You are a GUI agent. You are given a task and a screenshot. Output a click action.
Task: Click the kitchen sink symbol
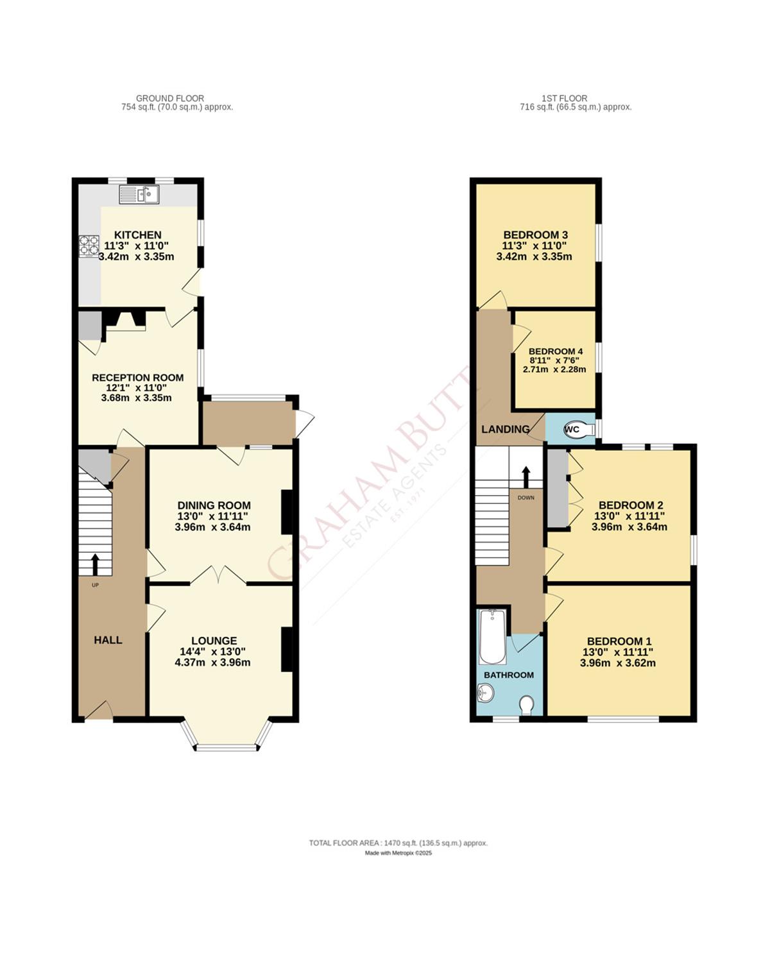pos(139,194)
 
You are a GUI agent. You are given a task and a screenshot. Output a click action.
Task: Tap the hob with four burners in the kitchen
pos(89,246)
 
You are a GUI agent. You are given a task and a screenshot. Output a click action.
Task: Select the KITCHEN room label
pos(137,235)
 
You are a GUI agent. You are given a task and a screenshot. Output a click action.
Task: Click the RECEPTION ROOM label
pos(137,378)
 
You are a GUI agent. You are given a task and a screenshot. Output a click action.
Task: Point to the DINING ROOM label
pos(214,505)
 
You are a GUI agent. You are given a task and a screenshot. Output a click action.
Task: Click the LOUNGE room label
pos(214,641)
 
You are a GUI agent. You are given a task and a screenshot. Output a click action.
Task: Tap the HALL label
pos(108,640)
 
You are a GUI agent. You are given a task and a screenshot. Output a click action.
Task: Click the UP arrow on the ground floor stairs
pos(96,564)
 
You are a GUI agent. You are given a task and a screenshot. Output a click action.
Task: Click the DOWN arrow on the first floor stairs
pos(526,478)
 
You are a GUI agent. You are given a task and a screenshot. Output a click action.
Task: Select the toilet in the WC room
pos(577,430)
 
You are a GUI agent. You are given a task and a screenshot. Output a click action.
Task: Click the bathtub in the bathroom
pos(492,637)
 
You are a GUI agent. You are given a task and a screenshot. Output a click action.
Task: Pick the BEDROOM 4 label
pos(555,351)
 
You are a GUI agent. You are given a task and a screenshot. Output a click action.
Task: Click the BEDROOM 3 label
pos(535,235)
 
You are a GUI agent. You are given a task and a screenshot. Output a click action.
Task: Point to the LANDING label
pos(506,429)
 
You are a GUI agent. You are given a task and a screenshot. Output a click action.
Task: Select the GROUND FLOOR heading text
pos(170,98)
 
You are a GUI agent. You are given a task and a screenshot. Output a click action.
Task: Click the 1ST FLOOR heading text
pos(564,98)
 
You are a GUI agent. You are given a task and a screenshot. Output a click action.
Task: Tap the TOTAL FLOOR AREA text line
pos(398,843)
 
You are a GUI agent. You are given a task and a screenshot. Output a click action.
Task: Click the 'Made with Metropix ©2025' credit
pos(398,853)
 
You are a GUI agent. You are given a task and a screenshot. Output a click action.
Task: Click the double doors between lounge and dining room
pos(219,575)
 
